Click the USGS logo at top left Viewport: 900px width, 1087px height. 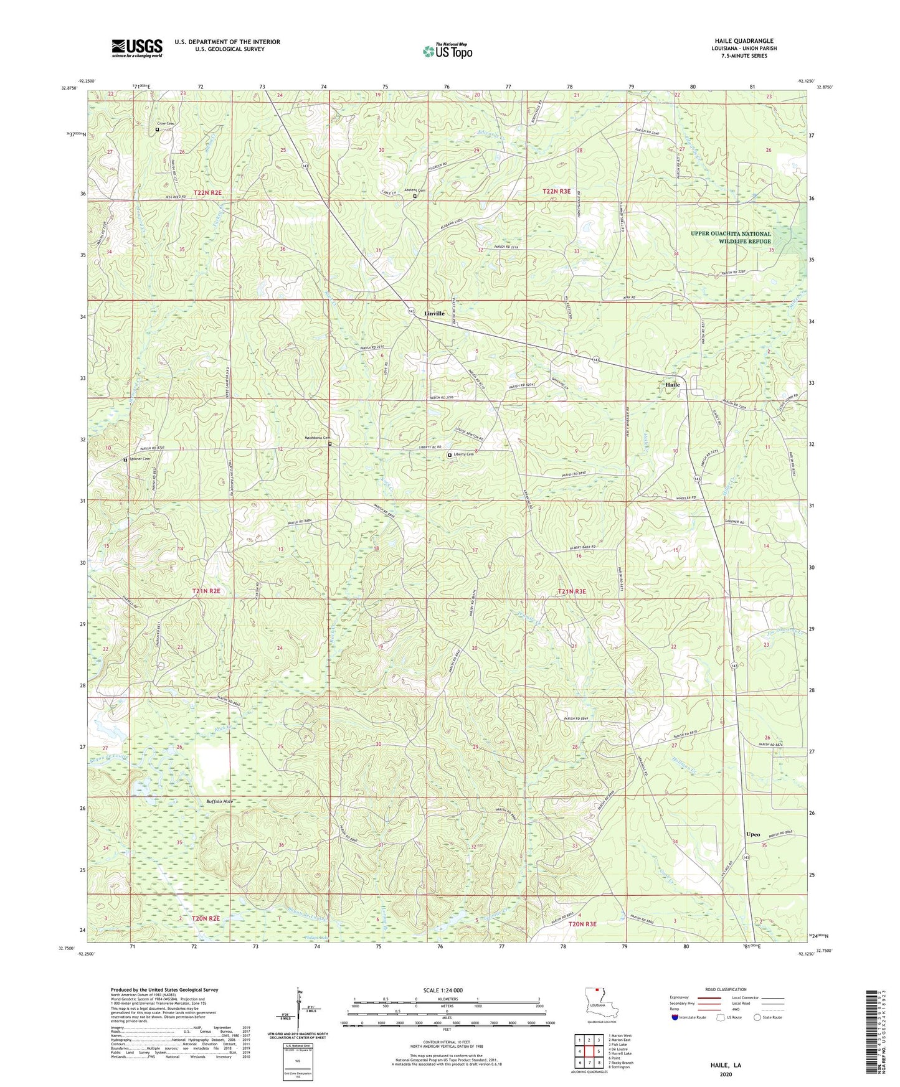pyautogui.click(x=136, y=48)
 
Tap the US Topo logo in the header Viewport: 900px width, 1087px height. pyautogui.click(x=447, y=51)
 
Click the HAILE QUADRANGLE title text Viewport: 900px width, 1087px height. pyautogui.click(x=744, y=41)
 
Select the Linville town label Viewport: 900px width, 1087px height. pyautogui.click(x=434, y=314)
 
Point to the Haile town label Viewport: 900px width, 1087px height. pyautogui.click(x=673, y=385)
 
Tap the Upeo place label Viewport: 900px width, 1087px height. pyautogui.click(x=753, y=834)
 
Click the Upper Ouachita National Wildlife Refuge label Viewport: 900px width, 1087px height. pyautogui.click(x=730, y=238)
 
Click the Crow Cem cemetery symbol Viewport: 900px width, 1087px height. pyautogui.click(x=157, y=129)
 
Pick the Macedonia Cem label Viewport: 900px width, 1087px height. pyautogui.click(x=315, y=438)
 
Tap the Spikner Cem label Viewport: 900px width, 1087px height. pyautogui.click(x=140, y=459)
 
